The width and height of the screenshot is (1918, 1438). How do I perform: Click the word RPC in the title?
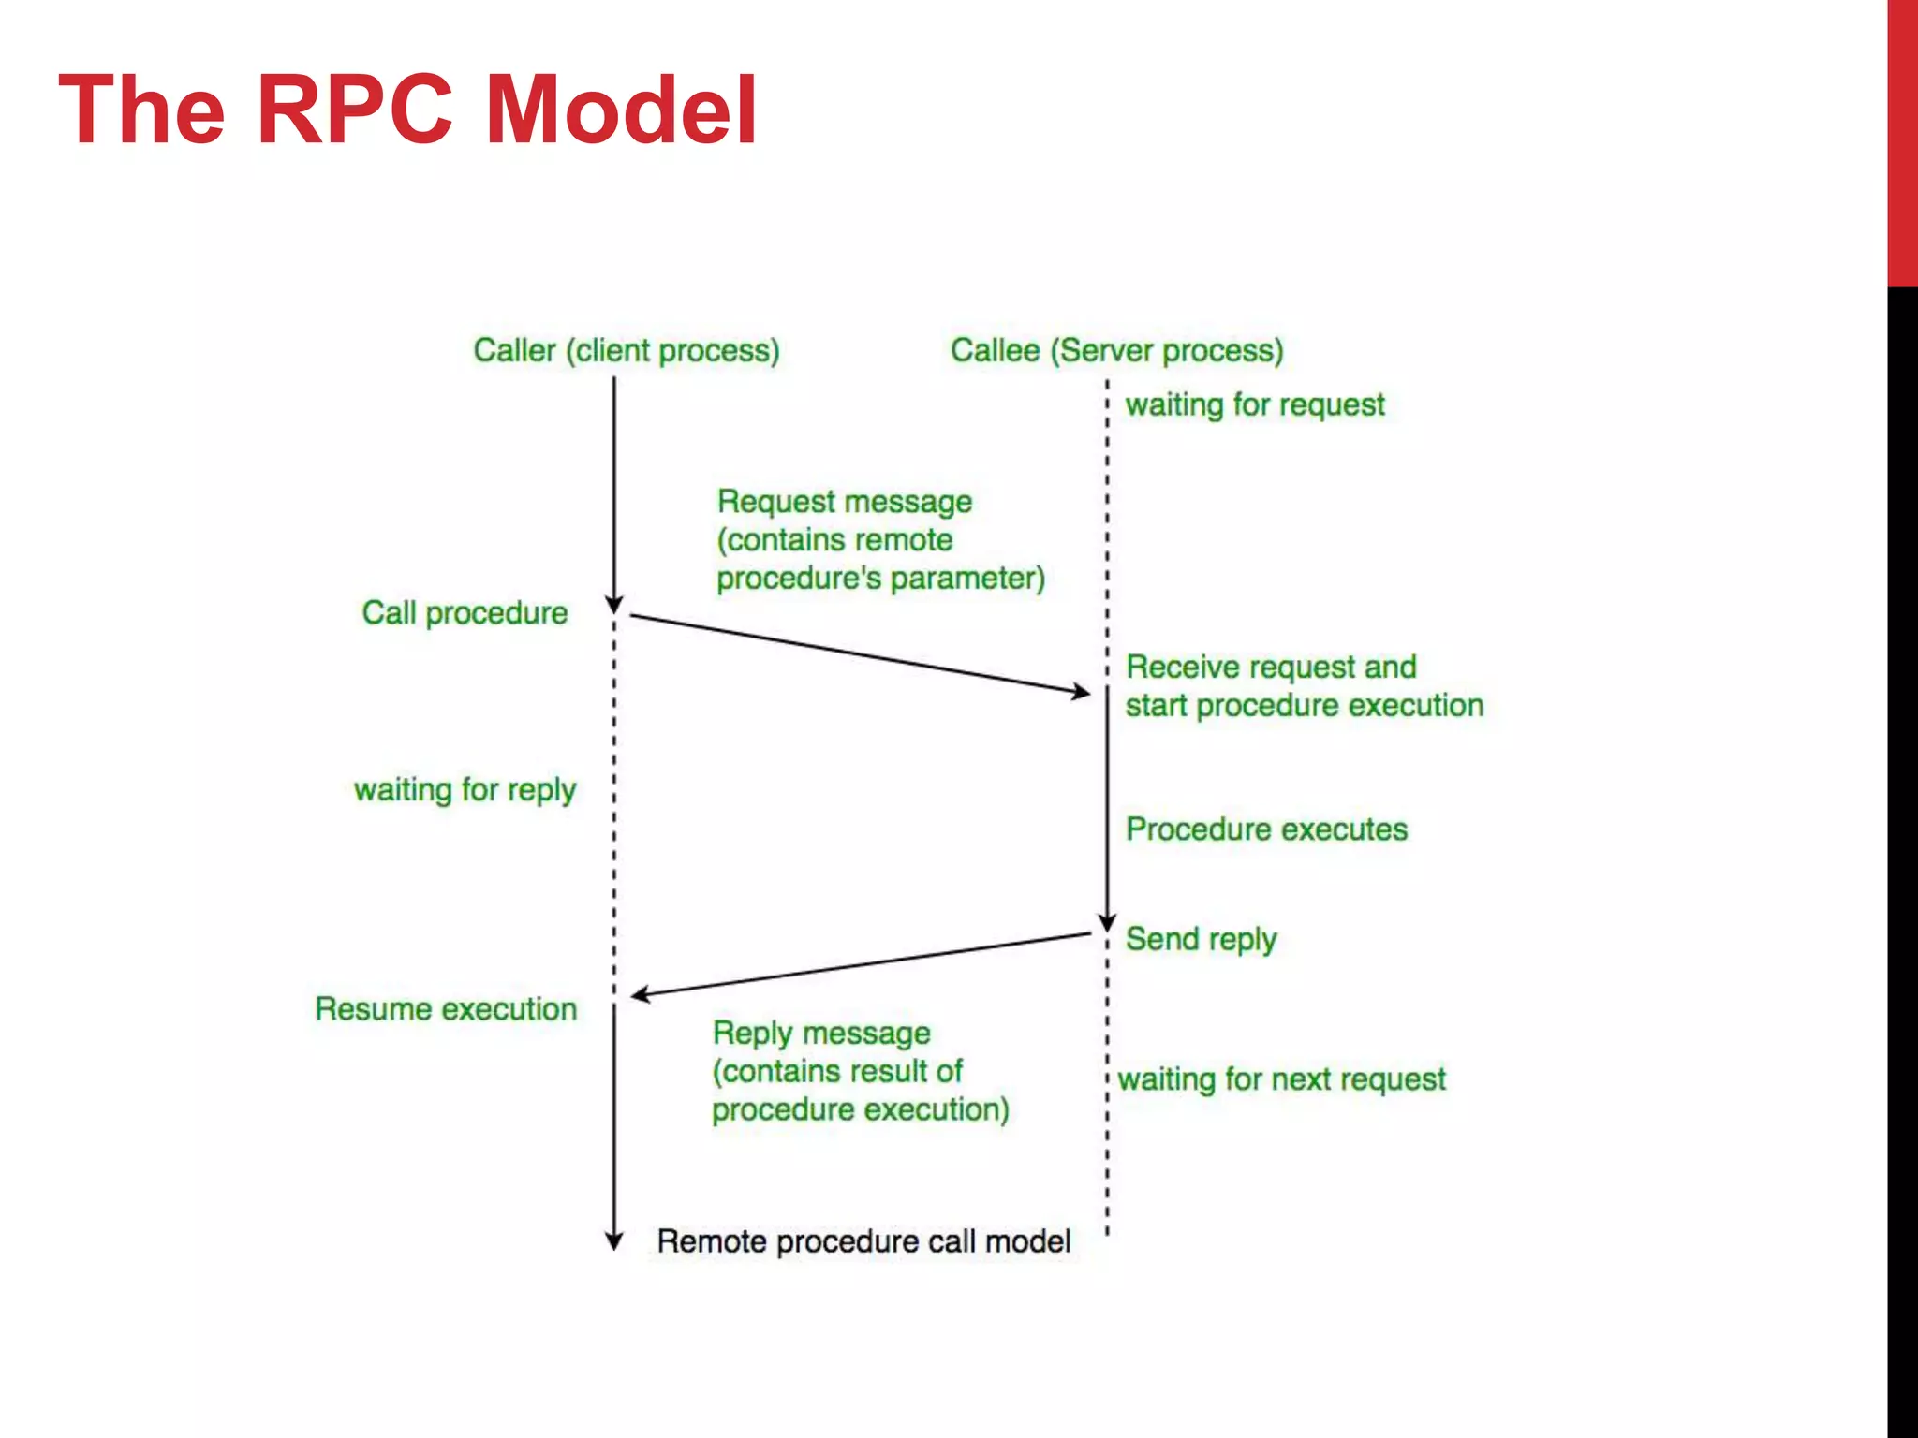pyautogui.click(x=355, y=110)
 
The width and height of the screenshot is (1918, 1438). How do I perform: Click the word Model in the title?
pyautogui.click(x=621, y=110)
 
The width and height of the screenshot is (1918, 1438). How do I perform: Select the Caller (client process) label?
pyautogui.click(x=626, y=350)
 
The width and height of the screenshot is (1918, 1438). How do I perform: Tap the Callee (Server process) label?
pyautogui.click(x=1116, y=350)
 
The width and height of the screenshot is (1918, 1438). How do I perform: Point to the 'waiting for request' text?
pyautogui.click(x=1254, y=404)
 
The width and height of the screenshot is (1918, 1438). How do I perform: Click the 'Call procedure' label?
pyautogui.click(x=465, y=613)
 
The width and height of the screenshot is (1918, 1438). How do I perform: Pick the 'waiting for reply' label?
pyautogui.click(x=465, y=790)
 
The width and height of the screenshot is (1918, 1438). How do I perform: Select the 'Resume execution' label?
pyautogui.click(x=446, y=1009)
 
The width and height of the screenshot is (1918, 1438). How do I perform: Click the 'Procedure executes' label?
pyautogui.click(x=1266, y=829)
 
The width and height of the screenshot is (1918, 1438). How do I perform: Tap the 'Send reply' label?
pyautogui.click(x=1201, y=939)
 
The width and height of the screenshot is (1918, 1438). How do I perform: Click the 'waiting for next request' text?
pyautogui.click(x=1281, y=1079)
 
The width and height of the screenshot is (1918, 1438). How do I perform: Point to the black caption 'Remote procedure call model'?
pyautogui.click(x=863, y=1241)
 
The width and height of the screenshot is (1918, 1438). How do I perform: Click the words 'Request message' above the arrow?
pyautogui.click(x=844, y=502)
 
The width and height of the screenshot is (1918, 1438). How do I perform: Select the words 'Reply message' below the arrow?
pyautogui.click(x=821, y=1034)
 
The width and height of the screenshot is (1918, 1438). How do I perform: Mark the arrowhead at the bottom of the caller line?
pyautogui.click(x=614, y=1241)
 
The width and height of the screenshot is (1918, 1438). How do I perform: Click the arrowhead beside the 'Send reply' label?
pyautogui.click(x=1107, y=923)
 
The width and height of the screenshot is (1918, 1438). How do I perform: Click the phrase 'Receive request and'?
pyautogui.click(x=1270, y=668)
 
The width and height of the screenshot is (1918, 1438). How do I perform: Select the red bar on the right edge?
pyautogui.click(x=1902, y=140)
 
